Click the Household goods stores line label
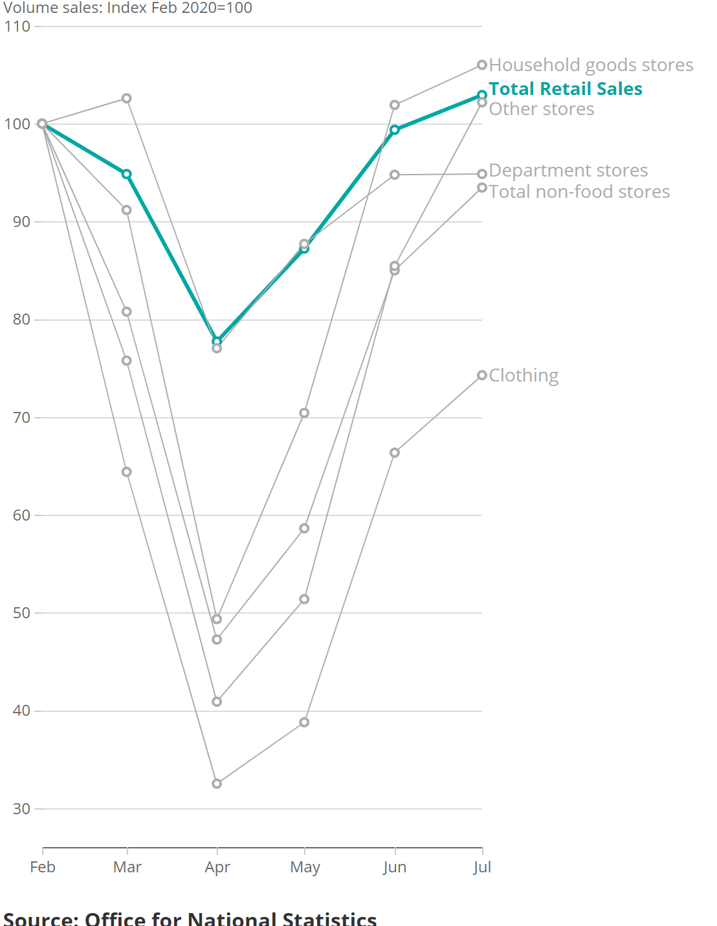pos(591,65)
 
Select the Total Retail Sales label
pos(566,89)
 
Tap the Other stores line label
pos(541,109)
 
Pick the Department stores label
pos(568,171)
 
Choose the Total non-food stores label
pos(579,192)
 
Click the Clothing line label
pos(524,376)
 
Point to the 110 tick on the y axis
pos(17,27)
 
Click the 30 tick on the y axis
pos(21,809)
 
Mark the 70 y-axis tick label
pos(21,418)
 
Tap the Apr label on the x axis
pos(217,867)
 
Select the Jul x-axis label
pos(482,867)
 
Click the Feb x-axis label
pos(43,867)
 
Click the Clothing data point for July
pos(482,376)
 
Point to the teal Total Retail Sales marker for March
pos(127,174)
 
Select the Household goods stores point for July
pos(482,65)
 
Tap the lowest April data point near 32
pos(217,784)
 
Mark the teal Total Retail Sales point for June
pos(395,130)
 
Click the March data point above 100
pos(127,98)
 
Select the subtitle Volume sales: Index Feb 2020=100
pos(128,8)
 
